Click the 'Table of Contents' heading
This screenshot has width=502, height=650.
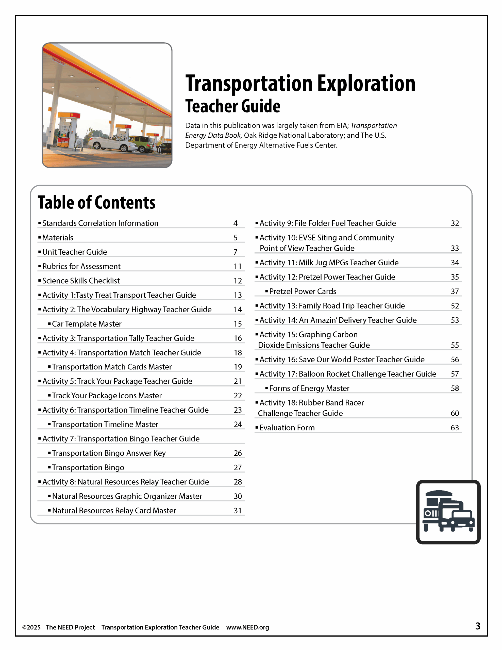pyautogui.click(x=96, y=203)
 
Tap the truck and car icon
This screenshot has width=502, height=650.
pyautogui.click(x=448, y=512)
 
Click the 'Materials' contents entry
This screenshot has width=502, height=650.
pyautogui.click(x=58, y=237)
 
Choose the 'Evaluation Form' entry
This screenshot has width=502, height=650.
pyautogui.click(x=287, y=428)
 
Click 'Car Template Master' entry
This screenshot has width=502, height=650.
pyautogui.click(x=87, y=324)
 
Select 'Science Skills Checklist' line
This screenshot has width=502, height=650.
pyautogui.click(x=81, y=281)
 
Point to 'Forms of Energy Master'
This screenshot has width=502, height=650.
pyautogui.click(x=309, y=388)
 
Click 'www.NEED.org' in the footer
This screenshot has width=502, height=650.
pyautogui.click(x=248, y=627)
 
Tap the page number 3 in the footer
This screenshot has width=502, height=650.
pyautogui.click(x=478, y=626)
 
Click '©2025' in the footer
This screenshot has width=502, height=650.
pyautogui.click(x=31, y=627)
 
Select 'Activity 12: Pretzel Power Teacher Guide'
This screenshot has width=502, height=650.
pyautogui.click(x=327, y=277)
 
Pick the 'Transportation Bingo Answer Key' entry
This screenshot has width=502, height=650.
pyautogui.click(x=109, y=453)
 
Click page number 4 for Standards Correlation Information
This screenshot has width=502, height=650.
pyautogui.click(x=235, y=223)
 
